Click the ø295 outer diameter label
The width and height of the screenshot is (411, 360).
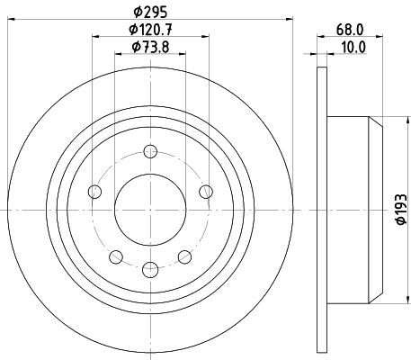coord(150,12)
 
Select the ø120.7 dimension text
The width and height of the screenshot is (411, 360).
coord(150,30)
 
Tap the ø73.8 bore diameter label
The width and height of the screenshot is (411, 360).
coord(150,47)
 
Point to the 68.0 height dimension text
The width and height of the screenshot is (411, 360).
coord(350,30)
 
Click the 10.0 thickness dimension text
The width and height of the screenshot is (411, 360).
coord(353,47)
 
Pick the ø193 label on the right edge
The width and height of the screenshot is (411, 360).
coord(401,209)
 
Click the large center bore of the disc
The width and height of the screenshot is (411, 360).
coord(150,210)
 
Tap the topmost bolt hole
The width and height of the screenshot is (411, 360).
coord(150,151)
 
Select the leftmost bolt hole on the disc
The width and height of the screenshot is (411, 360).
coord(95,192)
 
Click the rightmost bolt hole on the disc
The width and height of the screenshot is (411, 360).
coord(206,192)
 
